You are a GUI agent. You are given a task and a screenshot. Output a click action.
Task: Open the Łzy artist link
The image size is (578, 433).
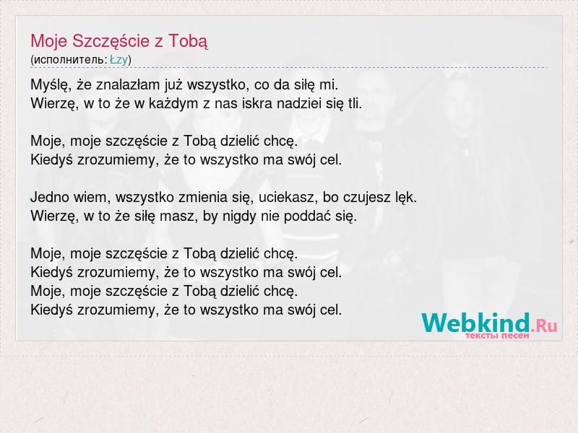pyautogui.click(x=118, y=60)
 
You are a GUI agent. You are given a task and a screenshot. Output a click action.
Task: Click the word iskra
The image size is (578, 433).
pyautogui.click(x=257, y=103)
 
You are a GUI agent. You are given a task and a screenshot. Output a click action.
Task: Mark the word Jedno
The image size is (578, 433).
pyautogui.click(x=50, y=197)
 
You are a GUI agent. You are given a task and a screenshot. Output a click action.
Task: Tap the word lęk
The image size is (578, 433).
pyautogui.click(x=406, y=198)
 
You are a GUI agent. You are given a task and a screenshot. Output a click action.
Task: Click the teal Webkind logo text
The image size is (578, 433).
pyautogui.click(x=475, y=323)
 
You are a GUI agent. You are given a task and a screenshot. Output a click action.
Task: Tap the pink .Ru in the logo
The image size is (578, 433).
pyautogui.click(x=544, y=325)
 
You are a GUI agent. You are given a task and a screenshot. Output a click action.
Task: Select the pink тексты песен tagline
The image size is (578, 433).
pyautogui.click(x=497, y=336)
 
